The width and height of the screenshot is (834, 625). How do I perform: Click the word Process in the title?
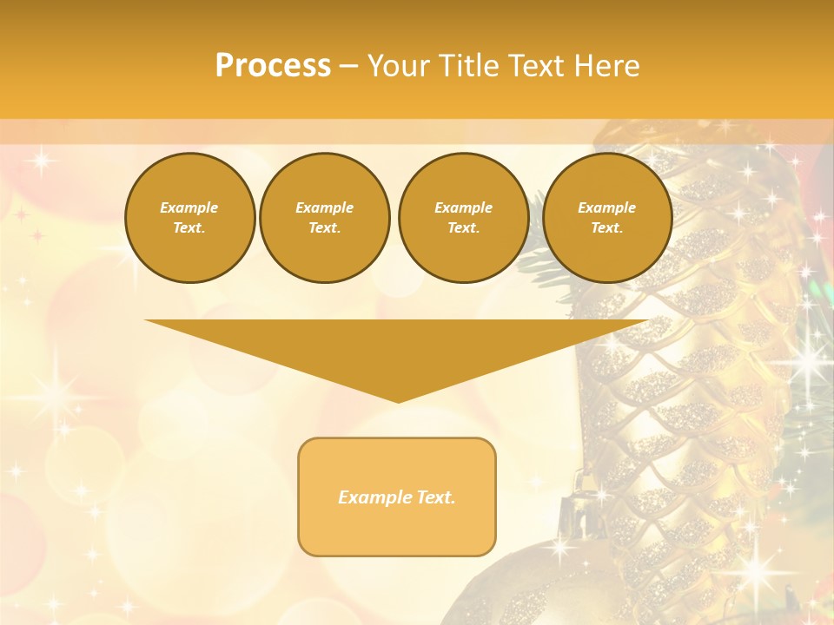pyautogui.click(x=273, y=66)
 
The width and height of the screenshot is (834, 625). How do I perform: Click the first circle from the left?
pyautogui.click(x=189, y=217)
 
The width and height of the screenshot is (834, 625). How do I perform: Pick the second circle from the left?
pyautogui.click(x=324, y=217)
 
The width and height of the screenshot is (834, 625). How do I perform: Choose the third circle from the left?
pyautogui.click(x=463, y=217)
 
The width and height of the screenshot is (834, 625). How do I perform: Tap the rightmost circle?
pyautogui.click(x=606, y=217)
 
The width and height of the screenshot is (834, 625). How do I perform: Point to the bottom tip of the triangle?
pyautogui.click(x=398, y=400)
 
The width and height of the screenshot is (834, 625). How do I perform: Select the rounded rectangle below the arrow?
pyautogui.click(x=397, y=497)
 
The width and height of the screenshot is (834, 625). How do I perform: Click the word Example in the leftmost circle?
pyautogui.click(x=189, y=207)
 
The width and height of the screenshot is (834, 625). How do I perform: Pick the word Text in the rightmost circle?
pyautogui.click(x=606, y=227)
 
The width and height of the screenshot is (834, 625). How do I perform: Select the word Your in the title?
pyautogui.click(x=397, y=66)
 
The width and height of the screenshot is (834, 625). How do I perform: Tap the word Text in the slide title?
pyautogui.click(x=538, y=66)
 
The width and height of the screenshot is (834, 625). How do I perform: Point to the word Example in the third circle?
pyautogui.click(x=463, y=207)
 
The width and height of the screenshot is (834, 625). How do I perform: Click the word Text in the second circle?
pyautogui.click(x=324, y=227)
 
